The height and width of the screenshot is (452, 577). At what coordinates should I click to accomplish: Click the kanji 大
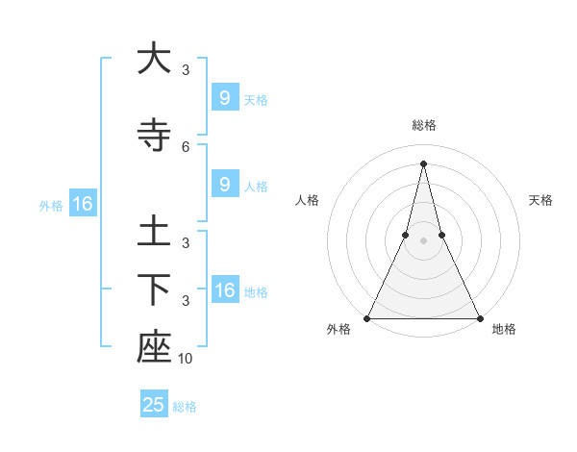coord(154,60)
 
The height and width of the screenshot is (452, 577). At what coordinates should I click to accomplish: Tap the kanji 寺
coord(154,136)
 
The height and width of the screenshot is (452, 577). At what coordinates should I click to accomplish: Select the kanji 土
coord(154,234)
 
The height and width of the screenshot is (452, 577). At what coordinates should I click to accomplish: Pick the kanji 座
coord(154,348)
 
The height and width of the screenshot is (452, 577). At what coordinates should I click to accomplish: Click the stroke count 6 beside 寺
coord(186,146)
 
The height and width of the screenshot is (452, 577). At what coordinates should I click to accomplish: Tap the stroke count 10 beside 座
coord(186,359)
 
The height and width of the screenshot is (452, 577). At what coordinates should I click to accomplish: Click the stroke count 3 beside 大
coord(186,70)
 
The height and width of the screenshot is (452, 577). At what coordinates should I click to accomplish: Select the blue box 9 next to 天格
coord(224,98)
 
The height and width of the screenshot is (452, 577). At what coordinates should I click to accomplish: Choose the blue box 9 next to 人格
coord(224,185)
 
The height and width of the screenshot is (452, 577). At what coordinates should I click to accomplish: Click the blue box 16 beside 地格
coord(224,290)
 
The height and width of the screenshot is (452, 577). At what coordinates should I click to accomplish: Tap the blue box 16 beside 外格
coord(82,204)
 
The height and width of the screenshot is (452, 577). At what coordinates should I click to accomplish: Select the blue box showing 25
coord(154,405)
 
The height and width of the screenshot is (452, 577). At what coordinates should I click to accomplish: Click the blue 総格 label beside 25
coord(185,407)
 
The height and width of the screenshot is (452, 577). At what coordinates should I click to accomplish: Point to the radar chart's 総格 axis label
coord(423,125)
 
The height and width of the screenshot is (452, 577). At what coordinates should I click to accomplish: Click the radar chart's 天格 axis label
coord(540,200)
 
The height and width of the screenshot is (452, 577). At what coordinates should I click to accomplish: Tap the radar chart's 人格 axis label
coord(307,200)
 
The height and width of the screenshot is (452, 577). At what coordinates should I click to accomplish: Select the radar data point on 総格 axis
coord(423,163)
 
